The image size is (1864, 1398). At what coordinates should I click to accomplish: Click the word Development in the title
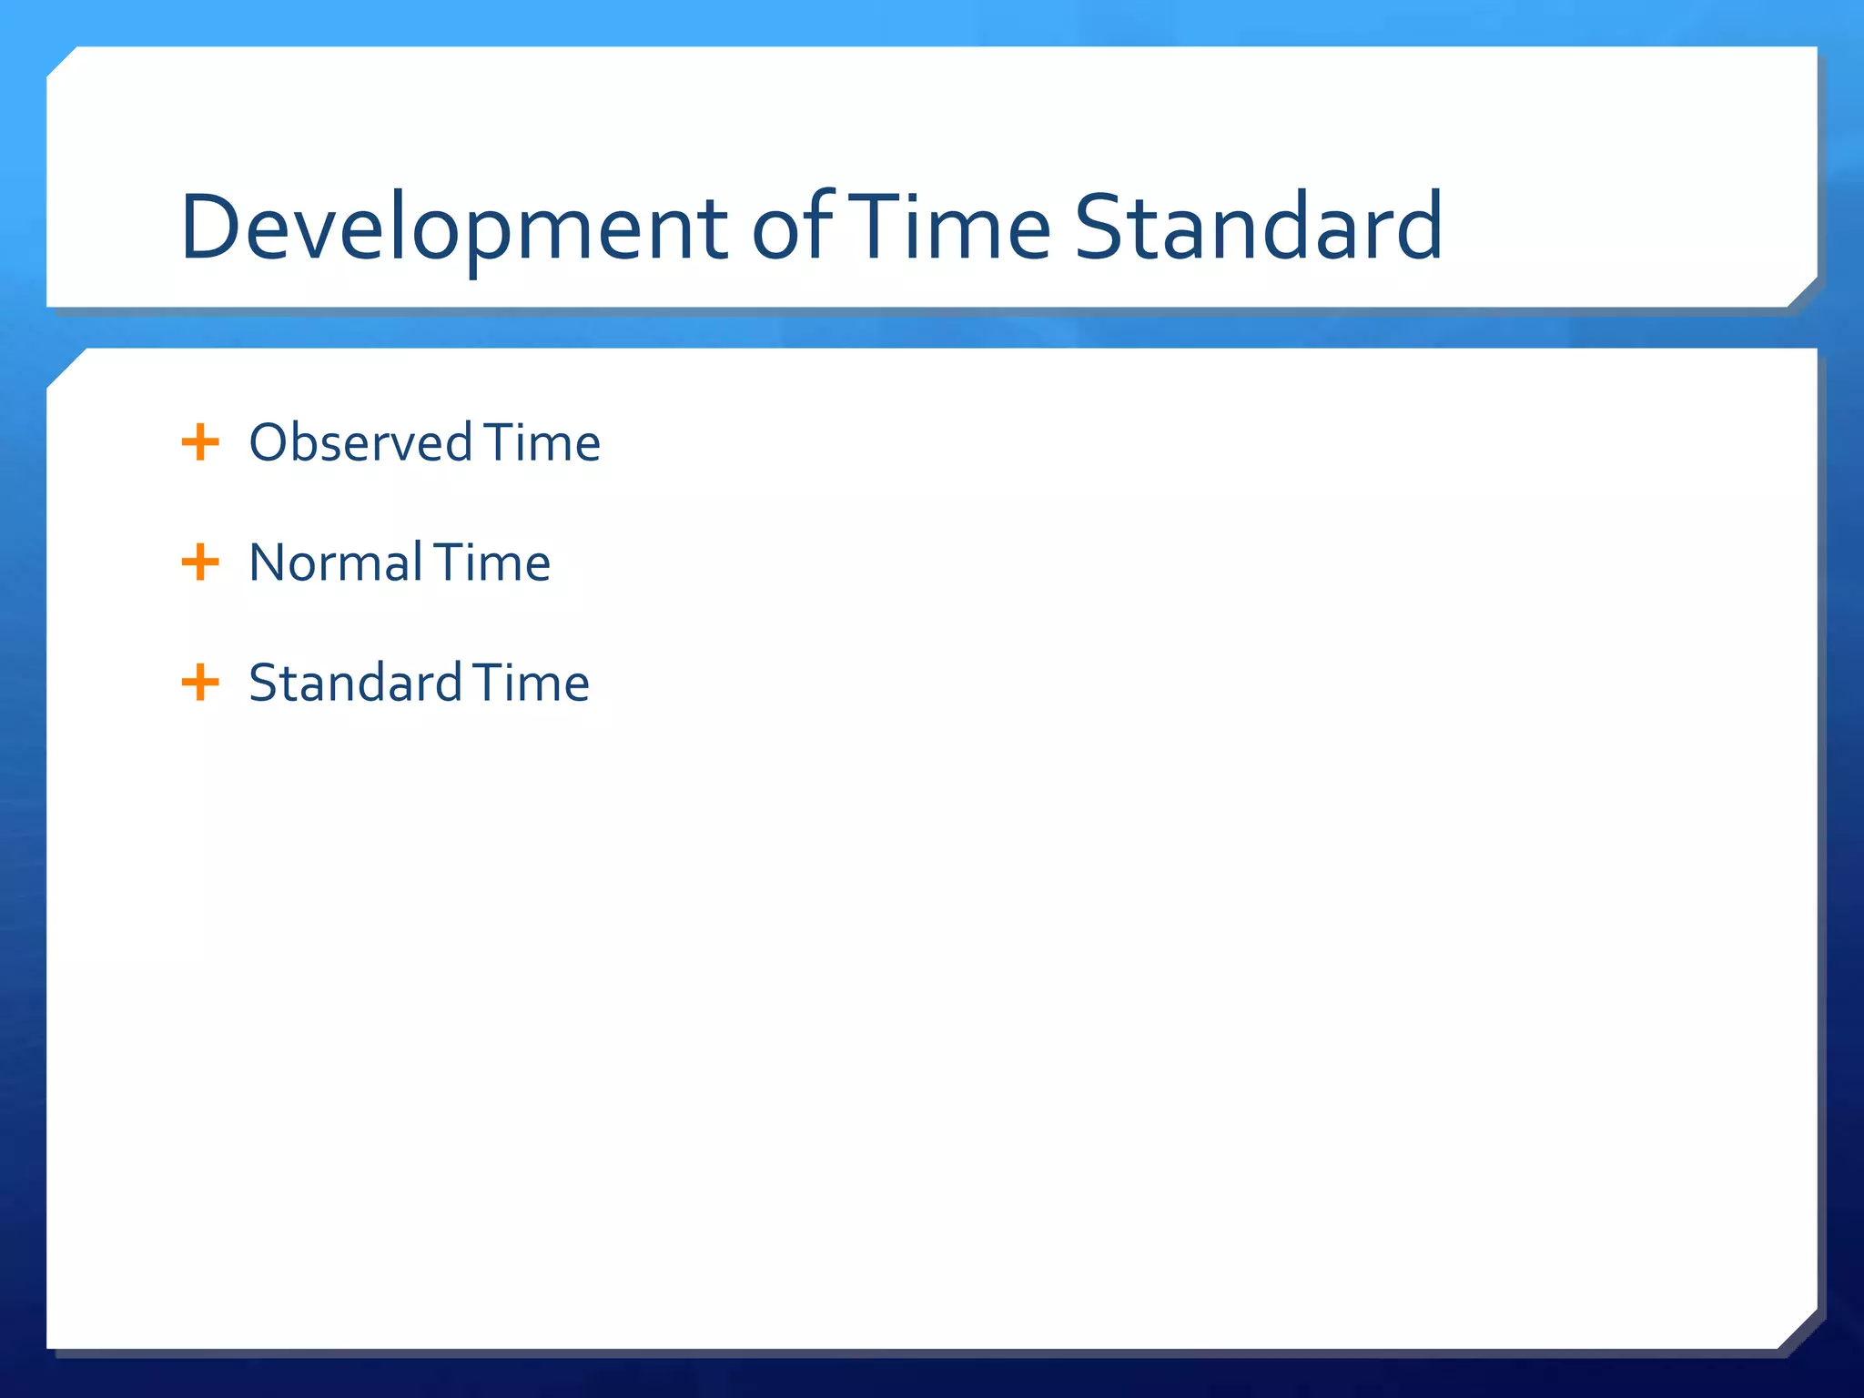(x=453, y=228)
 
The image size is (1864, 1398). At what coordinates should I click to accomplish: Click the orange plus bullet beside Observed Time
(x=200, y=442)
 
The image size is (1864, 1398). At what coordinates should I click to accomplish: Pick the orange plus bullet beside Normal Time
(x=200, y=562)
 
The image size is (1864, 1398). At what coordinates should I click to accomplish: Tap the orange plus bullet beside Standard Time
(x=200, y=683)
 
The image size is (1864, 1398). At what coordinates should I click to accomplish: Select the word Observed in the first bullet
(x=360, y=442)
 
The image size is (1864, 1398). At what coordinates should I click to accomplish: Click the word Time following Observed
(x=542, y=442)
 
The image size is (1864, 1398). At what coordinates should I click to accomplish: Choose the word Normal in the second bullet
(x=335, y=562)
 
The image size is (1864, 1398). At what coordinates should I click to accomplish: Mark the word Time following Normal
(x=491, y=562)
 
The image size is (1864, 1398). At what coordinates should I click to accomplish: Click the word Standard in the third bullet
(x=355, y=683)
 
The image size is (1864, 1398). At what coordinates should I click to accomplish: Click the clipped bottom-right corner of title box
(x=1802, y=292)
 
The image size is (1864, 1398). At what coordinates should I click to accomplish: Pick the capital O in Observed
(x=270, y=442)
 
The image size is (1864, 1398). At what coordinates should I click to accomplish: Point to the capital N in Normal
(x=269, y=562)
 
